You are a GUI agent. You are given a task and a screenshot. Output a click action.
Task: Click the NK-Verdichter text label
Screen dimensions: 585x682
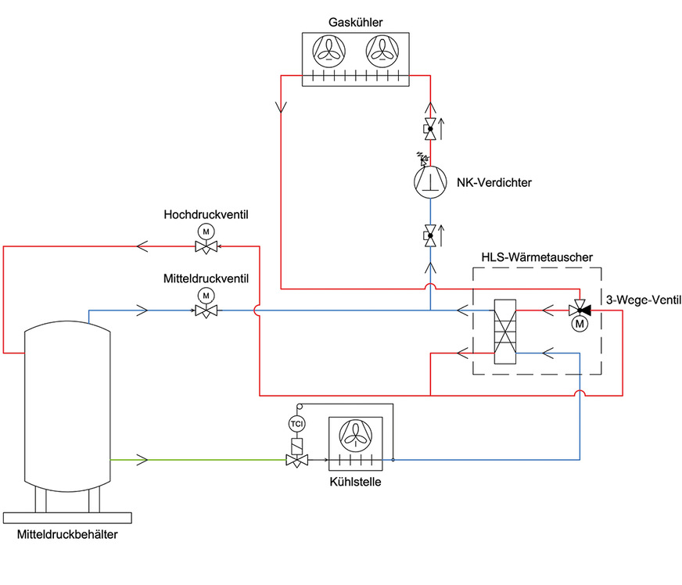(494, 182)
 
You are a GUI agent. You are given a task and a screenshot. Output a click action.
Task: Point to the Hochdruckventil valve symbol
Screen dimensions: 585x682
(206, 246)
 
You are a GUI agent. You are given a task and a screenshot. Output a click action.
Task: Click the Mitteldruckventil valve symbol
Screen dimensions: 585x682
(206, 310)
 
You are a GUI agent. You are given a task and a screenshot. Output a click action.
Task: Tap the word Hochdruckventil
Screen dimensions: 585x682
(206, 214)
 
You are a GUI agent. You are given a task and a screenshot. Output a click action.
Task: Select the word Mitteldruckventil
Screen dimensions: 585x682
(206, 278)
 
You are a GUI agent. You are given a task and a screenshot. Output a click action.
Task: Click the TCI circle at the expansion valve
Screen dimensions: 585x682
(296, 424)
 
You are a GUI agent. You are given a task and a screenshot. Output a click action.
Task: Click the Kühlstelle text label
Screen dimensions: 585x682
(355, 483)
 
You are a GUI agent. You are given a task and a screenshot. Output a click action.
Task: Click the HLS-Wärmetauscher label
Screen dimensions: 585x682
(536, 257)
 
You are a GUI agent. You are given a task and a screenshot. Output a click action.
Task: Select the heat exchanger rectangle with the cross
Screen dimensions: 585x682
(505, 332)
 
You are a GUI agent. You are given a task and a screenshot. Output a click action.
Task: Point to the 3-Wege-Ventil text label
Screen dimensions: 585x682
(642, 298)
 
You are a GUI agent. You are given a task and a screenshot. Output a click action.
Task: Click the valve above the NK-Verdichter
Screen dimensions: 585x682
(429, 128)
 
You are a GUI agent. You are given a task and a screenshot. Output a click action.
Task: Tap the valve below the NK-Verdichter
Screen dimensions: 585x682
(429, 235)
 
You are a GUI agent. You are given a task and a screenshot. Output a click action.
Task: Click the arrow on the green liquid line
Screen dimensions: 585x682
(142, 459)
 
